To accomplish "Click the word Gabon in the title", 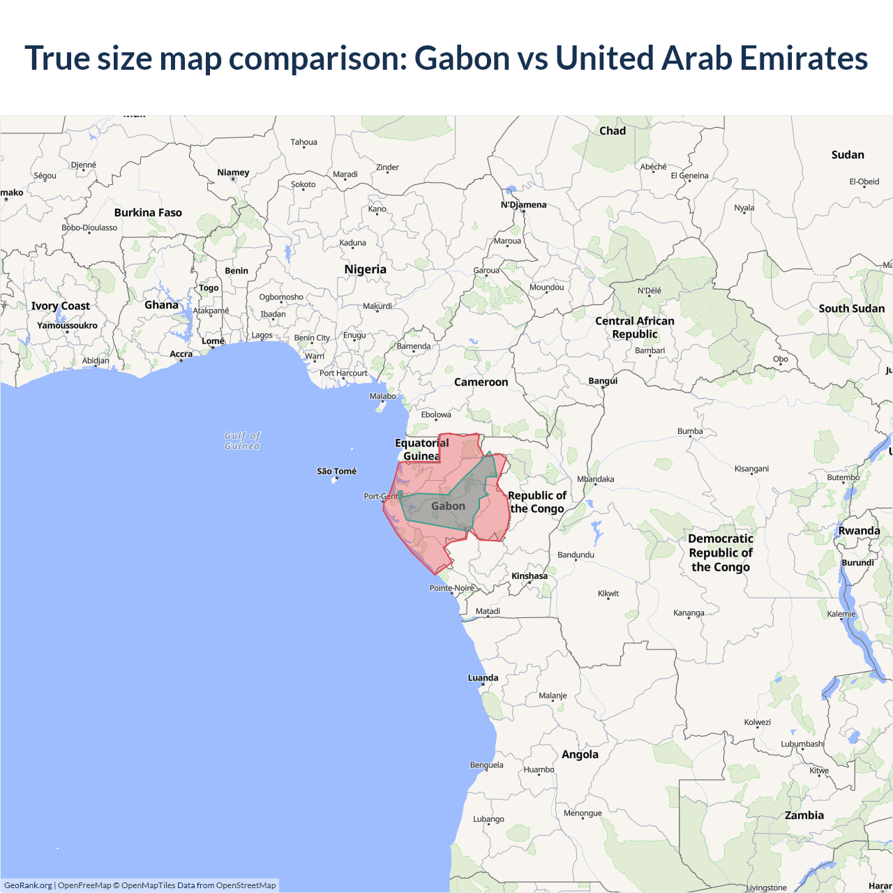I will click(463, 58).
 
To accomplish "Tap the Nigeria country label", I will click(365, 269).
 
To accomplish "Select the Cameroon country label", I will click(481, 382).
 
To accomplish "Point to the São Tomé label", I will click(336, 472).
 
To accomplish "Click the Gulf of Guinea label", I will click(242, 441).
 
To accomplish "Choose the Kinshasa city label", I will click(530, 576).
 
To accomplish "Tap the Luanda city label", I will click(483, 678).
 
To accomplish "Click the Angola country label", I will click(580, 755).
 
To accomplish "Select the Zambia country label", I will click(804, 816).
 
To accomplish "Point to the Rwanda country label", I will click(859, 531).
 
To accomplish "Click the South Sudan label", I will click(851, 308).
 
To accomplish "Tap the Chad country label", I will click(613, 131).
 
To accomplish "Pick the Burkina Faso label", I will click(148, 213).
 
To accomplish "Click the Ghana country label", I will click(161, 305).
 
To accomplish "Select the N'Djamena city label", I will click(523, 205).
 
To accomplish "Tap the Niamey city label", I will click(233, 172).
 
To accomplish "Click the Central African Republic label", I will click(634, 327).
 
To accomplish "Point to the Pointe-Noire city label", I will click(451, 588).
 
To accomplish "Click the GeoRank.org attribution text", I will click(28, 885).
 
